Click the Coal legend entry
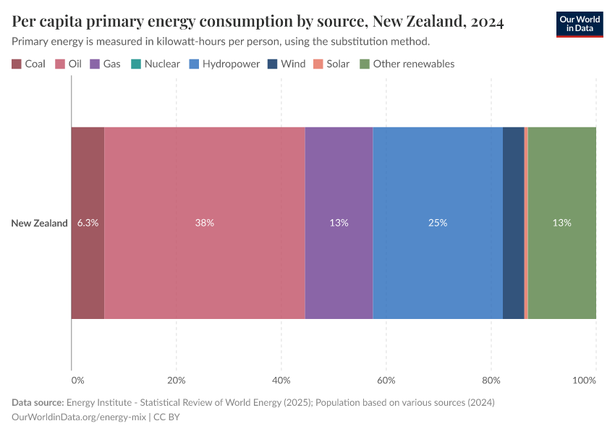pyautogui.click(x=29, y=64)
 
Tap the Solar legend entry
pyautogui.click(x=331, y=64)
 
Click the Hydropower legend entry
pyautogui.click(x=224, y=64)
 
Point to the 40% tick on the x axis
pyautogui.click(x=281, y=380)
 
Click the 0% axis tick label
pyautogui.click(x=77, y=380)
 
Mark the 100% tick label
pyautogui.click(x=583, y=380)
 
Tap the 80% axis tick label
pyautogui.click(x=491, y=380)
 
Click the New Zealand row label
pyautogui.click(x=39, y=223)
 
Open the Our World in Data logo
pyautogui.click(x=579, y=23)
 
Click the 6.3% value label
pyautogui.click(x=88, y=223)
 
